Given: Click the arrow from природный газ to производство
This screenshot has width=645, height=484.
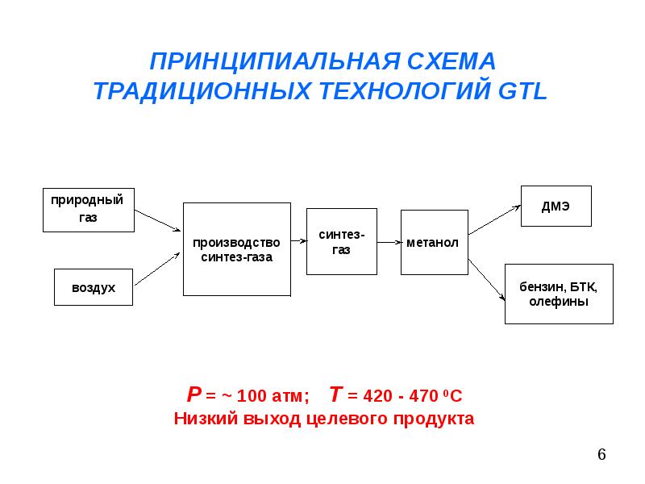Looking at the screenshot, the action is (x=157, y=220).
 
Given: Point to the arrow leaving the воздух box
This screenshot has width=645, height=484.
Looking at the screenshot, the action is (x=157, y=269).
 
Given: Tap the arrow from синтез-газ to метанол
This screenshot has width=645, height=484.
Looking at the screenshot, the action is (x=389, y=243).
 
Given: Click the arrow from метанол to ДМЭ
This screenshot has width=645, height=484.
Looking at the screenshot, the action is (x=494, y=220).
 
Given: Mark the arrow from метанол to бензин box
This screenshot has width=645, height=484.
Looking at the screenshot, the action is (x=487, y=280).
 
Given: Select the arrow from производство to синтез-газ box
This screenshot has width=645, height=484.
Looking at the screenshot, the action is (x=299, y=240).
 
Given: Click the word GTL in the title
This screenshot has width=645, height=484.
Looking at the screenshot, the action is (x=522, y=90).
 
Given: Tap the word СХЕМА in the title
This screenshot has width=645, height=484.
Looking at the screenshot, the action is (x=451, y=61).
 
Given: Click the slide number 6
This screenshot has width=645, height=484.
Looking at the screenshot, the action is (x=601, y=454).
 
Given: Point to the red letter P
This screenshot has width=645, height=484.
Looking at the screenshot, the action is (x=193, y=394).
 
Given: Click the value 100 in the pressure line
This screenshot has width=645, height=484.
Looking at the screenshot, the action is (x=252, y=396).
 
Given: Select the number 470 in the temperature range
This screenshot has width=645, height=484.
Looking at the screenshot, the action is (x=424, y=396).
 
